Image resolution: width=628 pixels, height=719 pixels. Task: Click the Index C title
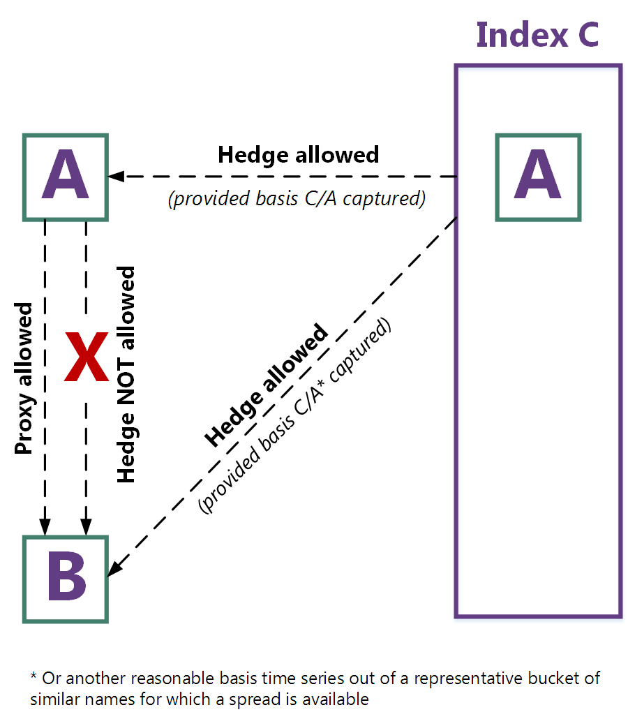coord(537,34)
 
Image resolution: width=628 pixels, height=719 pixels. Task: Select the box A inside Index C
coord(538,177)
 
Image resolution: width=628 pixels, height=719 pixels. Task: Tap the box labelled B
coord(66,579)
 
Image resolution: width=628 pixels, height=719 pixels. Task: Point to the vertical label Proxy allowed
coord(24,378)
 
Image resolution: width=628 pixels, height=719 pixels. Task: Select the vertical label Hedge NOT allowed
coord(126,374)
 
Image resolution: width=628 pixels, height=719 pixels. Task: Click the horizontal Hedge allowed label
coord(298,154)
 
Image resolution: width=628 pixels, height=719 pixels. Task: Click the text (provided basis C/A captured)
coord(297,199)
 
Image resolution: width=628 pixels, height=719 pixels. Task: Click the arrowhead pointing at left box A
coord(114,177)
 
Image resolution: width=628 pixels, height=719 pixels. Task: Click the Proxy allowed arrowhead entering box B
coord(45,528)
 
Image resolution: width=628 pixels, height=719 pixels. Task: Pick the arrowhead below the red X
coord(85,528)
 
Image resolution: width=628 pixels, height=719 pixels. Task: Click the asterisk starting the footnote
coord(33,678)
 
